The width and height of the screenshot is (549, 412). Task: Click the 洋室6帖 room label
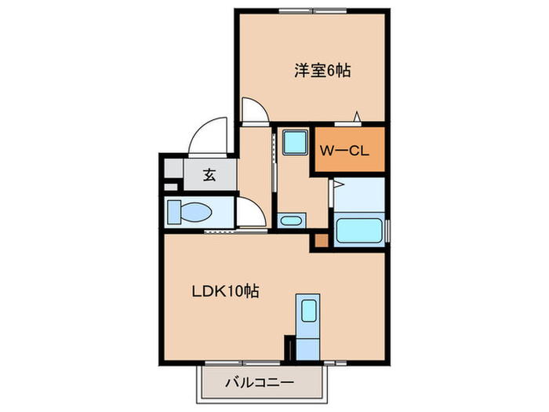click(322, 71)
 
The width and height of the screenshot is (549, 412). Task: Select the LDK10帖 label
click(226, 291)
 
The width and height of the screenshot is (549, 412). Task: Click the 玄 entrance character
click(209, 175)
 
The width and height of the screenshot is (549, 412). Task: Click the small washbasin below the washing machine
click(290, 221)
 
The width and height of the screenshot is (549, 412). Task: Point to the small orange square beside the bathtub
click(321, 242)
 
